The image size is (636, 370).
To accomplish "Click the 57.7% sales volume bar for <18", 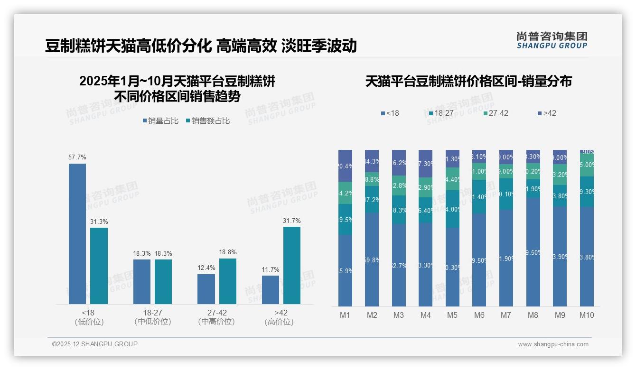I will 77,233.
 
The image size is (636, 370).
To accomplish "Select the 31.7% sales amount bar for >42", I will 292,265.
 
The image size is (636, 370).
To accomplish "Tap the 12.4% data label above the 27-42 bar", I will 206,268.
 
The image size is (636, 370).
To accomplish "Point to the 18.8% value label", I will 228,252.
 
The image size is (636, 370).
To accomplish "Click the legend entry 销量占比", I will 160,121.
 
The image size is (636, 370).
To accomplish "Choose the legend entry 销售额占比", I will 208,121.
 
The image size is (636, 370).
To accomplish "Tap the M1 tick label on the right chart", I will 345,315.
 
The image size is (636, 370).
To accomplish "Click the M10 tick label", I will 587,315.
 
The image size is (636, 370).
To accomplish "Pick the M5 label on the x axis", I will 452,315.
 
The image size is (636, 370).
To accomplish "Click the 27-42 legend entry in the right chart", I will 496,113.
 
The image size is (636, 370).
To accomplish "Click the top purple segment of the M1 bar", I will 345,166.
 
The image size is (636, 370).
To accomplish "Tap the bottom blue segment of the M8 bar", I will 533,252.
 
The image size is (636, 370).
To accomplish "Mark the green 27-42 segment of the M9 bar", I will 560,174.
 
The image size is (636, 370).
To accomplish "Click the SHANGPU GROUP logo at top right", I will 552,40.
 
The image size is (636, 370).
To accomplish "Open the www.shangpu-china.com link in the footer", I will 553,344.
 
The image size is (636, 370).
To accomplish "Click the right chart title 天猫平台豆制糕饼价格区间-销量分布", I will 468,81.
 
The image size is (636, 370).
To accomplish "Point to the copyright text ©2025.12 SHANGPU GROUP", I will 95,344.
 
